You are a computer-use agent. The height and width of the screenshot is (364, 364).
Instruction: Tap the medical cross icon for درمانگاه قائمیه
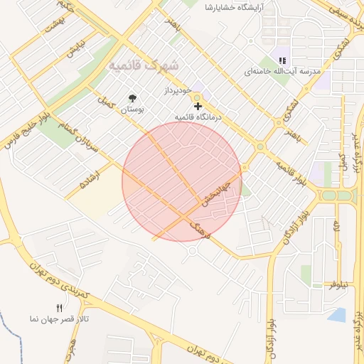tap(198, 105)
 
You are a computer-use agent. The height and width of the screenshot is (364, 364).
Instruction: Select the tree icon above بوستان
tap(132, 98)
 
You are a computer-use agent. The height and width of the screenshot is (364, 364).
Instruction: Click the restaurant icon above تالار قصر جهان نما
tap(60, 308)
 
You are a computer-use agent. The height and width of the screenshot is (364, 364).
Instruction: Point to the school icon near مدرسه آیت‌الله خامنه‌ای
tap(282, 60)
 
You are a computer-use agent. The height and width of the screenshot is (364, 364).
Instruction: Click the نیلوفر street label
tap(339, 284)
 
